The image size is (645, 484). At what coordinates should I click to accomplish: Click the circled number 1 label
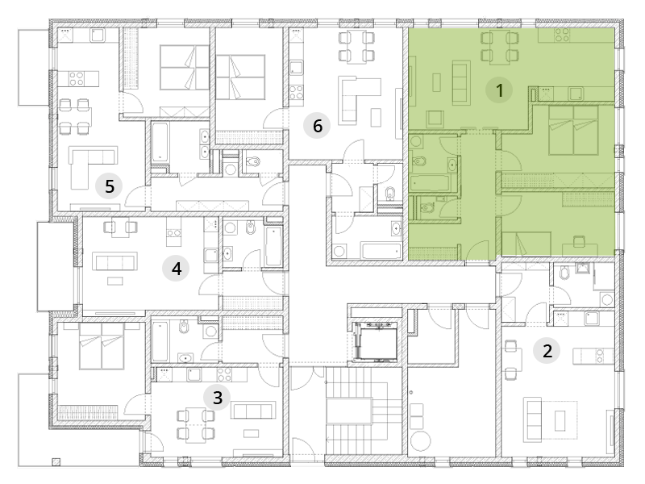click(x=499, y=90)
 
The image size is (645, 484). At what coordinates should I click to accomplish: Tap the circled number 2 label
click(x=547, y=351)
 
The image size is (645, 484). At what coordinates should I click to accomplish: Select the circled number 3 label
click(x=217, y=398)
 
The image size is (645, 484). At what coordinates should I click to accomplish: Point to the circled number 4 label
click(x=176, y=269)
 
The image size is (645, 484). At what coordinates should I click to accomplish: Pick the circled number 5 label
click(x=109, y=186)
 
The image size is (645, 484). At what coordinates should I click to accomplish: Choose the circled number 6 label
click(x=317, y=126)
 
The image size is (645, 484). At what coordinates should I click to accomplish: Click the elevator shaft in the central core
click(x=374, y=341)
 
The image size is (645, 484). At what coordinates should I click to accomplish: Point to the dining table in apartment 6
click(x=356, y=48)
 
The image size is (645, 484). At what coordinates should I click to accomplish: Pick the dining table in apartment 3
click(x=196, y=425)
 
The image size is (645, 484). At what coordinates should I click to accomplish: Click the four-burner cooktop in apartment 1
click(x=561, y=35)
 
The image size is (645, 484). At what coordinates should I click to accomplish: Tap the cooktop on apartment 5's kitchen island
click(x=77, y=78)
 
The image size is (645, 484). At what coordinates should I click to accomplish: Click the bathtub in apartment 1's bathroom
click(x=431, y=183)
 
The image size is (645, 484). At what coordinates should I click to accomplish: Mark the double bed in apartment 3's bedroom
click(x=102, y=345)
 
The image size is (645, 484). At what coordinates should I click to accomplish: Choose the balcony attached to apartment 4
click(x=56, y=266)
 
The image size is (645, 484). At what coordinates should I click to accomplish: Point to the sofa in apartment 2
click(x=532, y=419)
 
